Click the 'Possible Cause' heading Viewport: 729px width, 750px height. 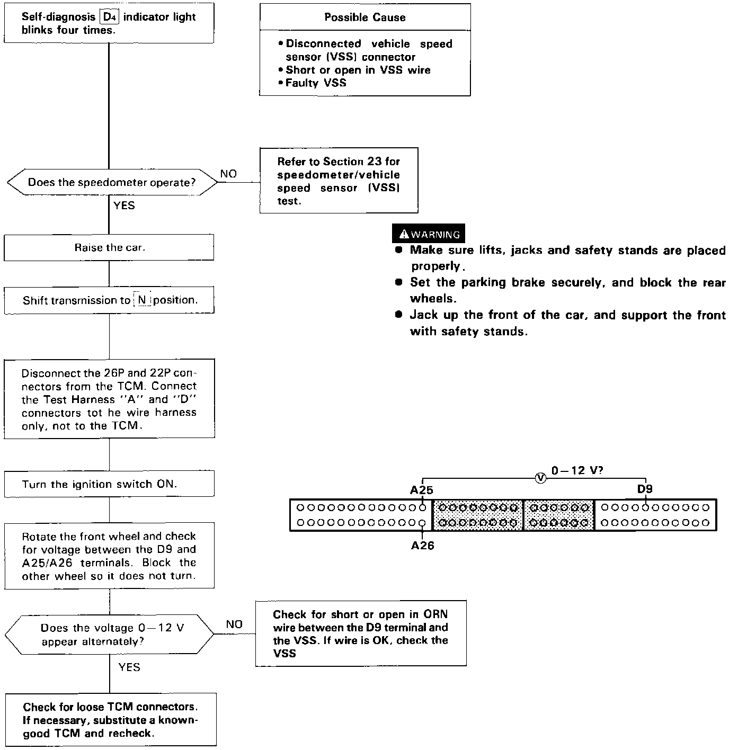point(365,17)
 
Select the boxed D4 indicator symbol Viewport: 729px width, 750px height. point(109,16)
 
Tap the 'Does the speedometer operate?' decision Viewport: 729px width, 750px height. point(112,183)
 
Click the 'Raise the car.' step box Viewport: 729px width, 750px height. point(109,247)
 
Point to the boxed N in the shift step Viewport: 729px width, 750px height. point(142,300)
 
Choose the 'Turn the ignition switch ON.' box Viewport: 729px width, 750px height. point(109,484)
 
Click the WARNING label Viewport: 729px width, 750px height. point(429,234)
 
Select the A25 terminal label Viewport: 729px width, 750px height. point(421,490)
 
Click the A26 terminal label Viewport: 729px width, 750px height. point(422,546)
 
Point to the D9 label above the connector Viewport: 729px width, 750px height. point(645,489)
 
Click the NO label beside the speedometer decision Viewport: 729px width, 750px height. point(228,174)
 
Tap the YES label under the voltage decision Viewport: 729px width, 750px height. point(129,667)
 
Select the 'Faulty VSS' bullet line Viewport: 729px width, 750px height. point(316,83)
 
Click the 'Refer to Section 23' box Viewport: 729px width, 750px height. point(339,181)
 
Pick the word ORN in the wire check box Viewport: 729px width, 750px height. point(435,614)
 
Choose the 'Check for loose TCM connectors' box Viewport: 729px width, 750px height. point(110,720)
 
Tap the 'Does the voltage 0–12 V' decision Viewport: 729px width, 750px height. point(109,635)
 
